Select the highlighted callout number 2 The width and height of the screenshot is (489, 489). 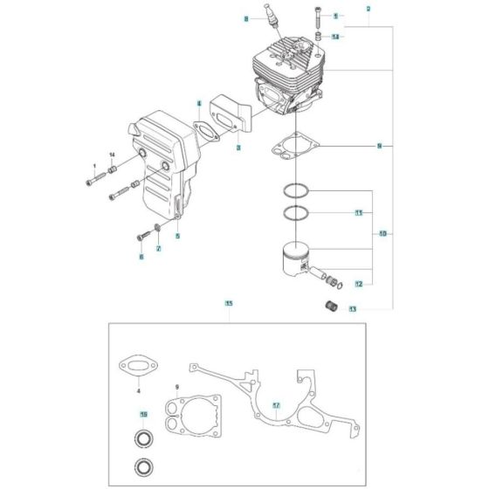(x=368, y=8)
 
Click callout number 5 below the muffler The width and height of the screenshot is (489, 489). (x=177, y=236)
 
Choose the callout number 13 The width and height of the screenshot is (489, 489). (x=352, y=309)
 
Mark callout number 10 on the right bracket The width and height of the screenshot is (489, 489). (x=382, y=234)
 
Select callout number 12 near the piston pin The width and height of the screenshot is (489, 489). (x=359, y=284)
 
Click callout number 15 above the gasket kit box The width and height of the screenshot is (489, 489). (x=228, y=304)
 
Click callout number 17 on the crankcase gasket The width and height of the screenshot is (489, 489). (x=276, y=405)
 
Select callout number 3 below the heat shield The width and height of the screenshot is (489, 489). (x=238, y=148)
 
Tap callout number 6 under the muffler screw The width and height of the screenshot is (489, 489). (x=141, y=257)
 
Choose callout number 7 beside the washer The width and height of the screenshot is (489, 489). (x=158, y=250)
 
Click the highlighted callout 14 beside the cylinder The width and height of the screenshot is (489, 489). (x=334, y=36)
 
